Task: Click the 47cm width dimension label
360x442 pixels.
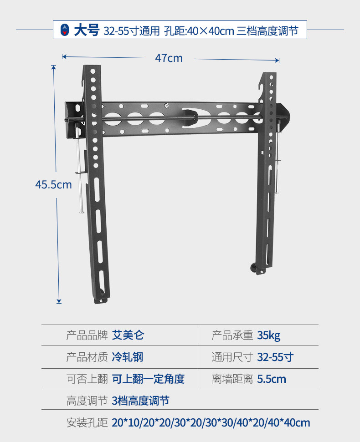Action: (x=169, y=58)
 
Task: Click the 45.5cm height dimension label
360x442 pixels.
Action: (x=54, y=184)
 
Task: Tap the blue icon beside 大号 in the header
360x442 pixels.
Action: (x=65, y=31)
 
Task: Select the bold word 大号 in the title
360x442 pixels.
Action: (x=86, y=31)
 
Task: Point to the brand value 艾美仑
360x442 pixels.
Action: (x=128, y=336)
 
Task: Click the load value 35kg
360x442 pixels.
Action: (x=269, y=336)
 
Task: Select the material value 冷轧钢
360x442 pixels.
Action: (x=128, y=357)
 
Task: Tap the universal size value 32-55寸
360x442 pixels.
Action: (x=275, y=357)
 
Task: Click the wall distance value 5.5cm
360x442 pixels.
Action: (x=272, y=379)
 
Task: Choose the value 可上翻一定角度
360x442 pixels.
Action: (x=148, y=379)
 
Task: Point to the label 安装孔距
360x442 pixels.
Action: (x=87, y=422)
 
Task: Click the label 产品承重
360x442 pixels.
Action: (x=232, y=336)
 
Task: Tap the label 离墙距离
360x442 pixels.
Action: (x=232, y=379)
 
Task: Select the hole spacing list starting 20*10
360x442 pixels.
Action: (x=211, y=422)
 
